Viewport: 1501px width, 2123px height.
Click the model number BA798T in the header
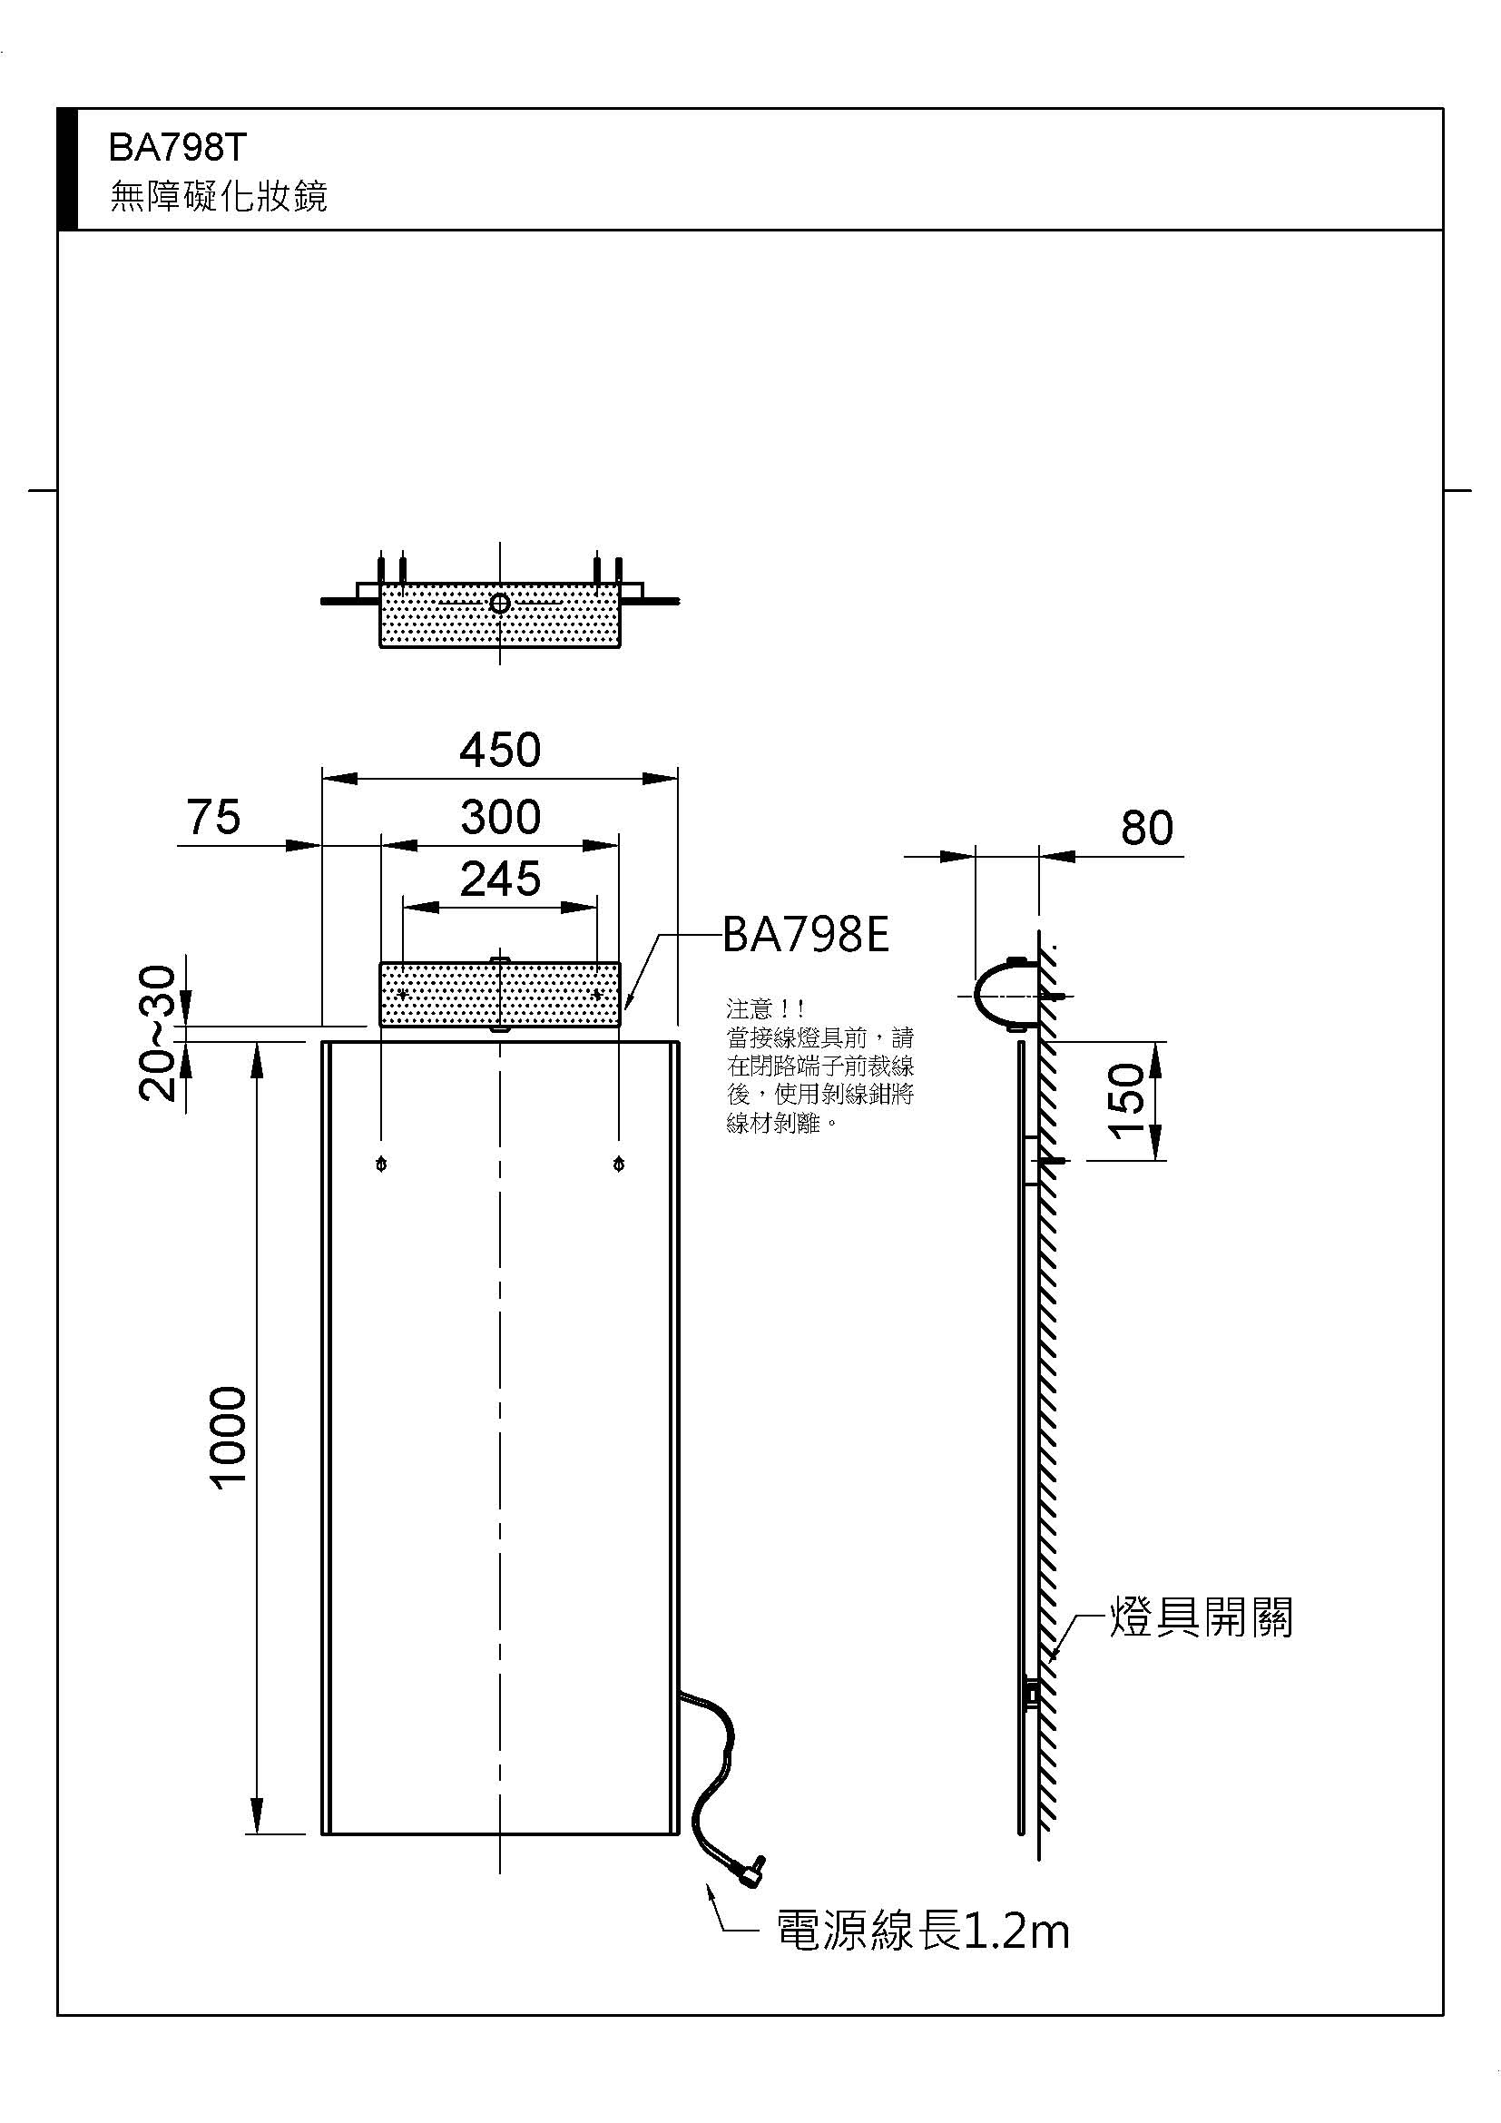178,147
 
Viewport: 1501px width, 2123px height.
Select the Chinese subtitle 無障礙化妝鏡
219,197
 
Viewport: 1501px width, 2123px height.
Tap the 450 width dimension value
500,750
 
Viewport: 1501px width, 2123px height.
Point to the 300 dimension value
500,818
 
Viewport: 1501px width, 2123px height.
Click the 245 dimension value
500,880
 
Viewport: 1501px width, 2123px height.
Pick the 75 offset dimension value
213,818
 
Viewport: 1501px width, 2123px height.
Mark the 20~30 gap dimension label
157,1033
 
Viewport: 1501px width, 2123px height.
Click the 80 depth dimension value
1146,828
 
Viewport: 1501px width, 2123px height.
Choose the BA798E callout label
805,935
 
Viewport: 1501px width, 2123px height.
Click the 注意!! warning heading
765,1007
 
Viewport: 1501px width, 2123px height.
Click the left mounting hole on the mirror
382,1165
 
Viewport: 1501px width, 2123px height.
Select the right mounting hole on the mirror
618,1165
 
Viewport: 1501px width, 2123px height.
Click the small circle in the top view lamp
500,604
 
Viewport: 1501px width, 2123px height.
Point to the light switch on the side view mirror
1032,1694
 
